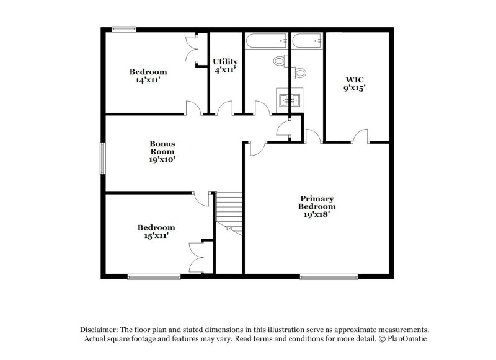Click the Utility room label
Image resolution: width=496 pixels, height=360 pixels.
click(225, 66)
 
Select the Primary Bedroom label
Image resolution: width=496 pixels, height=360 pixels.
click(317, 206)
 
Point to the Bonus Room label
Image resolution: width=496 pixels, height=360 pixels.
click(162, 151)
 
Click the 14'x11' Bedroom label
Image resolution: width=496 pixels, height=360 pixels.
click(148, 76)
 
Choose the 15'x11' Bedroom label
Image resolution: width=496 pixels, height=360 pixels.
click(156, 231)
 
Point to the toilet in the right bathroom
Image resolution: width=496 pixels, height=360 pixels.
click(300, 74)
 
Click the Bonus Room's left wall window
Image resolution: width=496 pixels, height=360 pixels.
click(104, 159)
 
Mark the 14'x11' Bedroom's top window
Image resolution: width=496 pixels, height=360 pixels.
click(124, 29)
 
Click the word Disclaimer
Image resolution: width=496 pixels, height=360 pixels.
click(97, 330)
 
